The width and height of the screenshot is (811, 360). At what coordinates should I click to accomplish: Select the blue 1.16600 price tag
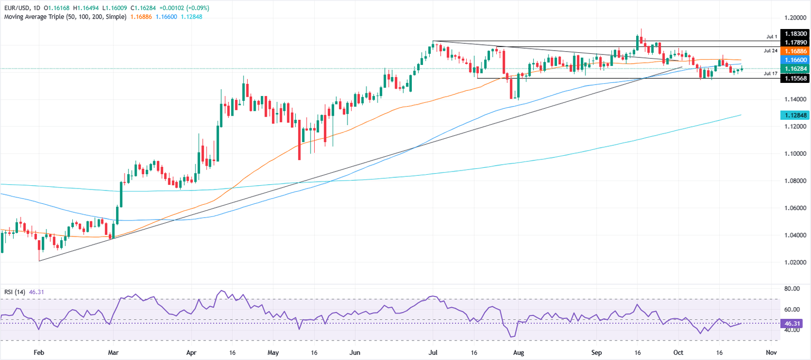pyautogui.click(x=795, y=61)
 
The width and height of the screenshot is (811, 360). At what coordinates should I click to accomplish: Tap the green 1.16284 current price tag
pyautogui.click(x=795, y=69)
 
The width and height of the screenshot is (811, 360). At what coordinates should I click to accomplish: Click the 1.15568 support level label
pyautogui.click(x=795, y=78)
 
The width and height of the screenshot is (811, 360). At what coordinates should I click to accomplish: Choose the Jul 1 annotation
pyautogui.click(x=771, y=37)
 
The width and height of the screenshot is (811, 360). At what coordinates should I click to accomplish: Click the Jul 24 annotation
pyautogui.click(x=770, y=51)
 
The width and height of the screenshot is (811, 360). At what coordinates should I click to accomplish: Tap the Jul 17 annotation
pyautogui.click(x=770, y=74)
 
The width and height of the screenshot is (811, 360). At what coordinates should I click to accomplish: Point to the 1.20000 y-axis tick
pyautogui.click(x=795, y=17)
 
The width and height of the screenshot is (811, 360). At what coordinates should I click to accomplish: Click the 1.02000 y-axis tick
pyautogui.click(x=795, y=262)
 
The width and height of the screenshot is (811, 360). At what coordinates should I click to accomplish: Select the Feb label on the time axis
pyautogui.click(x=39, y=352)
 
